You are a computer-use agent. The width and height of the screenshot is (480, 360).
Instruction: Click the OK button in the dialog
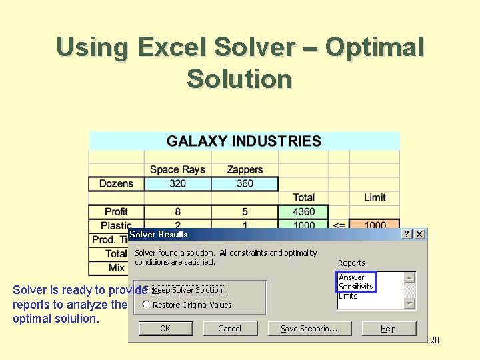pos(165,328)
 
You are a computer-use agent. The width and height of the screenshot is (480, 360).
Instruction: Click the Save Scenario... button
pos(309,328)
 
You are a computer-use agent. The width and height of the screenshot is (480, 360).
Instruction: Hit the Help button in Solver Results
pos(388,328)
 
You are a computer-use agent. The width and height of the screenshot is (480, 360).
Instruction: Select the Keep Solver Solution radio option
pos(147,290)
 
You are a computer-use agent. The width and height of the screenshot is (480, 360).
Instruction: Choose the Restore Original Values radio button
pos(147,305)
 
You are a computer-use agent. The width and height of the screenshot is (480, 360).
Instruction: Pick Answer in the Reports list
pos(351,277)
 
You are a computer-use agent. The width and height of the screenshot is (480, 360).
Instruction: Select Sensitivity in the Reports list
pos(356,287)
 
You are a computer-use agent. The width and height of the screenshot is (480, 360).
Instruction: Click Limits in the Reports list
pos(348,295)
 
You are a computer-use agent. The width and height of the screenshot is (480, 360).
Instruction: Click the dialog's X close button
pos(419,234)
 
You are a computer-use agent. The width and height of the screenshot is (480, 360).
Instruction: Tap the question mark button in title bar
pos(407,234)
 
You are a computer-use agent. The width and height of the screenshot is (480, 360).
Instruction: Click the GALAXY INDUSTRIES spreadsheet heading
pos(244,141)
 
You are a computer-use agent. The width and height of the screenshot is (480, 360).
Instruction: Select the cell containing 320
pos(177,183)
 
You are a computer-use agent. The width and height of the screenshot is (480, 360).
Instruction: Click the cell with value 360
pos(245,183)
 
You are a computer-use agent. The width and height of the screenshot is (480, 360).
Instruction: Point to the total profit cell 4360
pos(304,211)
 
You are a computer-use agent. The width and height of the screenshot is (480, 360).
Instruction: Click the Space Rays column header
pos(177,169)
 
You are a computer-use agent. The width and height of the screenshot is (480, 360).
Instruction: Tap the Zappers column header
pos(245,169)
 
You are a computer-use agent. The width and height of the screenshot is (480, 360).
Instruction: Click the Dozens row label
pos(116,183)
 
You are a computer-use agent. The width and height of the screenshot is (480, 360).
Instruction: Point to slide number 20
pos(435,341)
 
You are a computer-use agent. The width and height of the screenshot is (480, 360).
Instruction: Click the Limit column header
pos(375,197)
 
